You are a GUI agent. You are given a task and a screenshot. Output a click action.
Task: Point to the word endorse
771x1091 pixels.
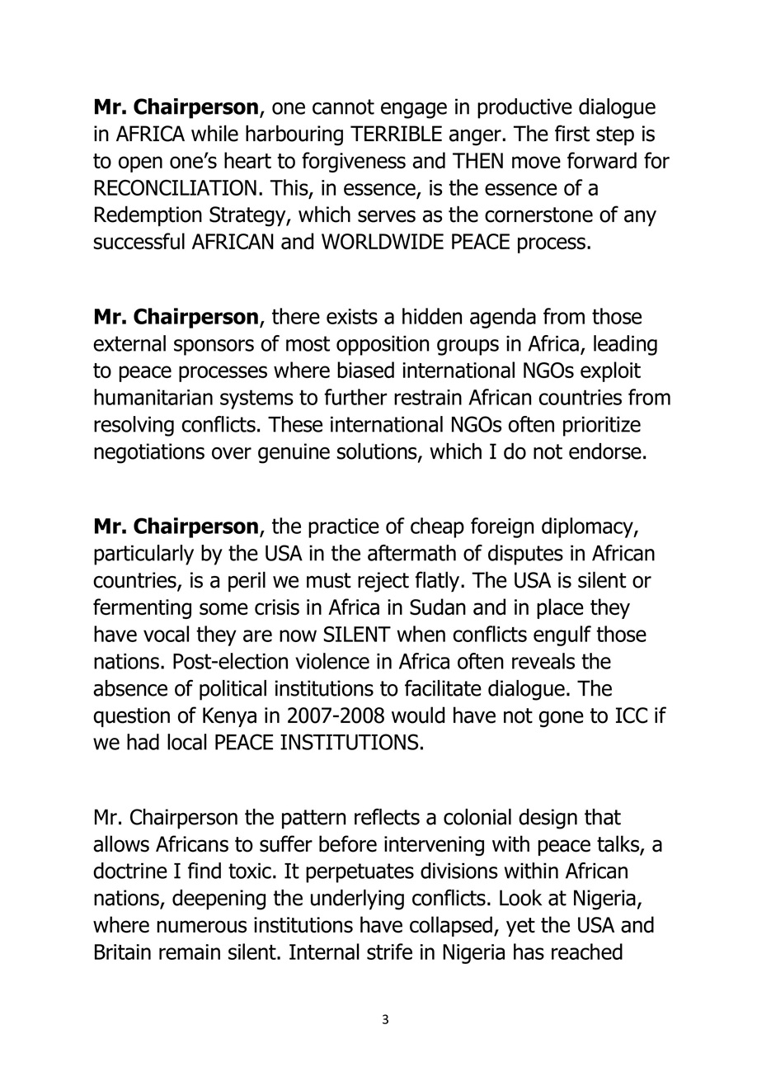point(606,452)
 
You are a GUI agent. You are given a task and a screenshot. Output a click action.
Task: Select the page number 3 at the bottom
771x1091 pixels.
point(385,1020)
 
